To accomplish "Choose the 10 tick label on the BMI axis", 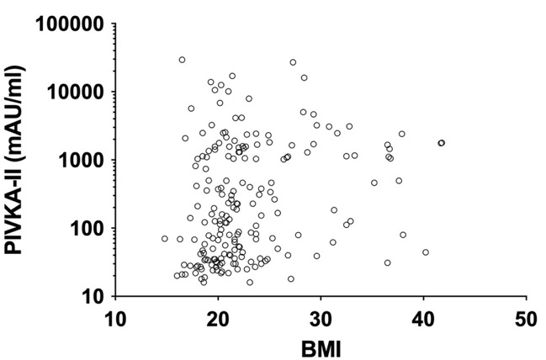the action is click(x=115, y=320).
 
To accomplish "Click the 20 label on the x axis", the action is click(x=218, y=320).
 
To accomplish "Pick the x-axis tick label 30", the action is click(x=321, y=320).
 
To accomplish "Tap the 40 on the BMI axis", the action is click(x=423, y=320).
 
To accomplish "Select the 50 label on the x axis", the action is click(x=526, y=320).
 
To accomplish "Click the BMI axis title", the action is click(x=321, y=350).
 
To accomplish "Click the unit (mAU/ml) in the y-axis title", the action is click(x=14, y=113).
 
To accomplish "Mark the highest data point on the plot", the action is click(x=182, y=60).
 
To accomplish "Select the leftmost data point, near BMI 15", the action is click(x=165, y=239).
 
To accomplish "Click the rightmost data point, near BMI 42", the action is click(x=442, y=143).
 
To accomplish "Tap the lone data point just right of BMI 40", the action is click(x=426, y=252).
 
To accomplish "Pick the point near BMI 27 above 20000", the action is click(x=293, y=62).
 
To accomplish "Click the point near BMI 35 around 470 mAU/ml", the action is click(x=374, y=183).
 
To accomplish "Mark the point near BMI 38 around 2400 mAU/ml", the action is click(x=402, y=134).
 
